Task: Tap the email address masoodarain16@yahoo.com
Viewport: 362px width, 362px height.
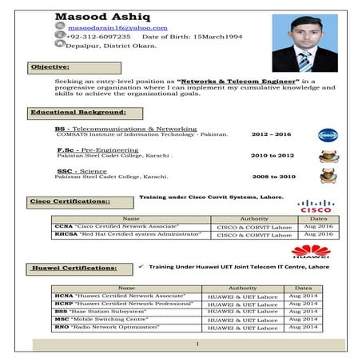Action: (112, 27)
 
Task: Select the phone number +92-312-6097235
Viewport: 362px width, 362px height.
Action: (98, 37)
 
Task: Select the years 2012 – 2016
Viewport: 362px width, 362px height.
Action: (271, 135)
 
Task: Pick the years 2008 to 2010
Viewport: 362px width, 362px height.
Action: (273, 177)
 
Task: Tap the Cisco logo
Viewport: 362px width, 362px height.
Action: (315, 206)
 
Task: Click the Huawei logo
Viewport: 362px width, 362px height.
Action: (310, 253)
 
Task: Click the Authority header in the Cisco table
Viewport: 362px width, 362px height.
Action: (253, 217)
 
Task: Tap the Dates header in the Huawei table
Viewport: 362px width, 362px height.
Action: (303, 287)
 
